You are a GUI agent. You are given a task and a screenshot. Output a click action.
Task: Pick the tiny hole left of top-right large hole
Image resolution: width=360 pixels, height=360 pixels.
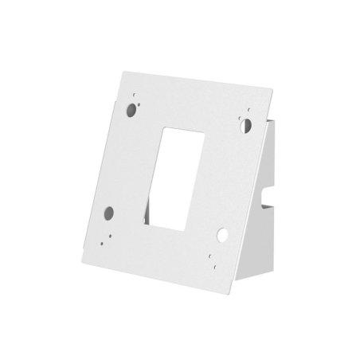pyautogui.click(x=237, y=124)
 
